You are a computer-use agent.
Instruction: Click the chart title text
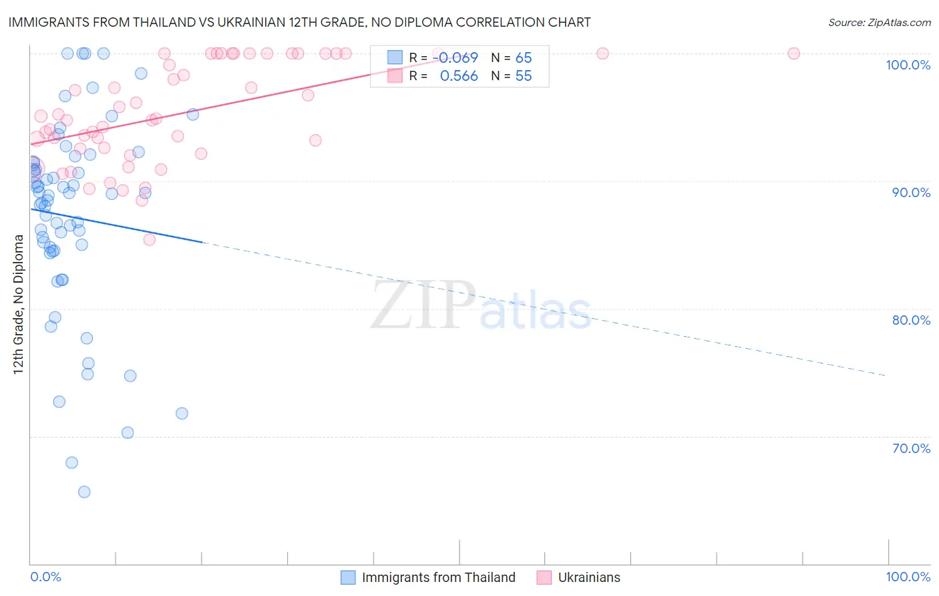(x=299, y=22)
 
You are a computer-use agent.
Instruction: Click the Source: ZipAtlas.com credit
(x=879, y=22)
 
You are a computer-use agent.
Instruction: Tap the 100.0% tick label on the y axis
(x=908, y=65)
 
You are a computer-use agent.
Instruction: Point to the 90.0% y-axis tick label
(x=911, y=192)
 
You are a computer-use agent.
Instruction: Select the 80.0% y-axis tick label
(x=911, y=320)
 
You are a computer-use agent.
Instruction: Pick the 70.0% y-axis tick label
(x=911, y=448)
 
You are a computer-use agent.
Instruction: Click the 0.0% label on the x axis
(x=45, y=577)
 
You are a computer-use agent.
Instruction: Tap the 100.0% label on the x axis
(x=908, y=577)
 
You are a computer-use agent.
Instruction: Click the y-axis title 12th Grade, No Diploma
(x=19, y=304)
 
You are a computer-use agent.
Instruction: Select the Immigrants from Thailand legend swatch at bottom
(x=348, y=577)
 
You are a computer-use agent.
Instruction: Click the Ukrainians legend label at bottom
(x=589, y=577)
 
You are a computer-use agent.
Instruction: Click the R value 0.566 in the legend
(x=459, y=76)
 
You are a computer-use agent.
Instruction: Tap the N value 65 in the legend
(x=524, y=58)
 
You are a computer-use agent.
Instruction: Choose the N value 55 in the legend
(x=524, y=76)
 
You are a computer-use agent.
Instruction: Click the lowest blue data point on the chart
(x=84, y=492)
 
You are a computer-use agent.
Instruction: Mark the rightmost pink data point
(x=793, y=53)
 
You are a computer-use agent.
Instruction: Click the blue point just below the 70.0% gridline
(x=71, y=462)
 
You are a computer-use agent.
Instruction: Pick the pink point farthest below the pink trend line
(x=150, y=239)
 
